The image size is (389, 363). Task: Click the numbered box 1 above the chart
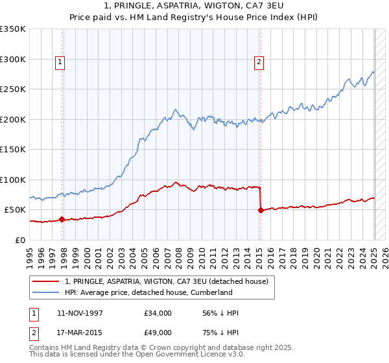coord(60,62)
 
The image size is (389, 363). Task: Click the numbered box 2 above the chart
coord(259,62)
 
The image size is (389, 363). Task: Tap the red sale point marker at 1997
coord(62,219)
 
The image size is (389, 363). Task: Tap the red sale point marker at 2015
coord(261,210)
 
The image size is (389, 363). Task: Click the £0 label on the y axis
coord(20,240)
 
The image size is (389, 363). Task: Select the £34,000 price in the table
coord(158,313)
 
